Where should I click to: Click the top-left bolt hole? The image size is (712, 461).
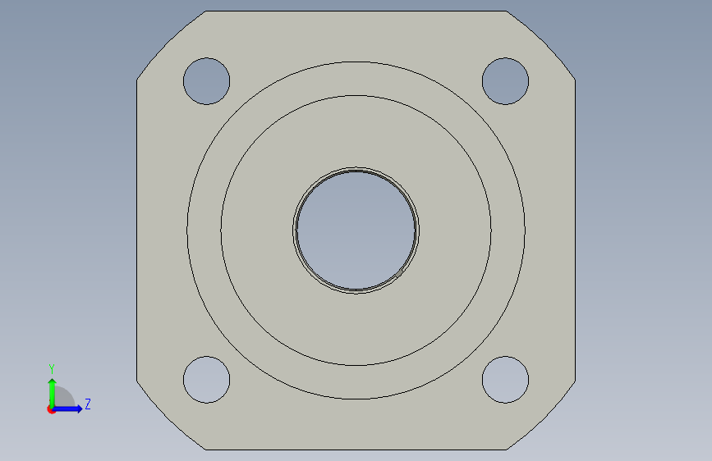[x=207, y=81]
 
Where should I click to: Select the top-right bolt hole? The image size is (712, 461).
[x=505, y=81]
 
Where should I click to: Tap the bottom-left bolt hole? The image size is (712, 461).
[x=207, y=380]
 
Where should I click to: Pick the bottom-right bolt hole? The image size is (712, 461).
[x=505, y=380]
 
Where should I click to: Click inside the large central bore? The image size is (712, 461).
[x=356, y=230]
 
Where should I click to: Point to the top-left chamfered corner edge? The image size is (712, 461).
[x=171, y=44]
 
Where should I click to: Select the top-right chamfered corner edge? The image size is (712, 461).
[x=541, y=44]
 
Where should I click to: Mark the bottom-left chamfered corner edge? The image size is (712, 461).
[x=171, y=416]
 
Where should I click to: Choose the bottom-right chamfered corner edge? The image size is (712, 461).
[x=541, y=416]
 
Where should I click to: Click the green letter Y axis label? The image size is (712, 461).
[x=52, y=368]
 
